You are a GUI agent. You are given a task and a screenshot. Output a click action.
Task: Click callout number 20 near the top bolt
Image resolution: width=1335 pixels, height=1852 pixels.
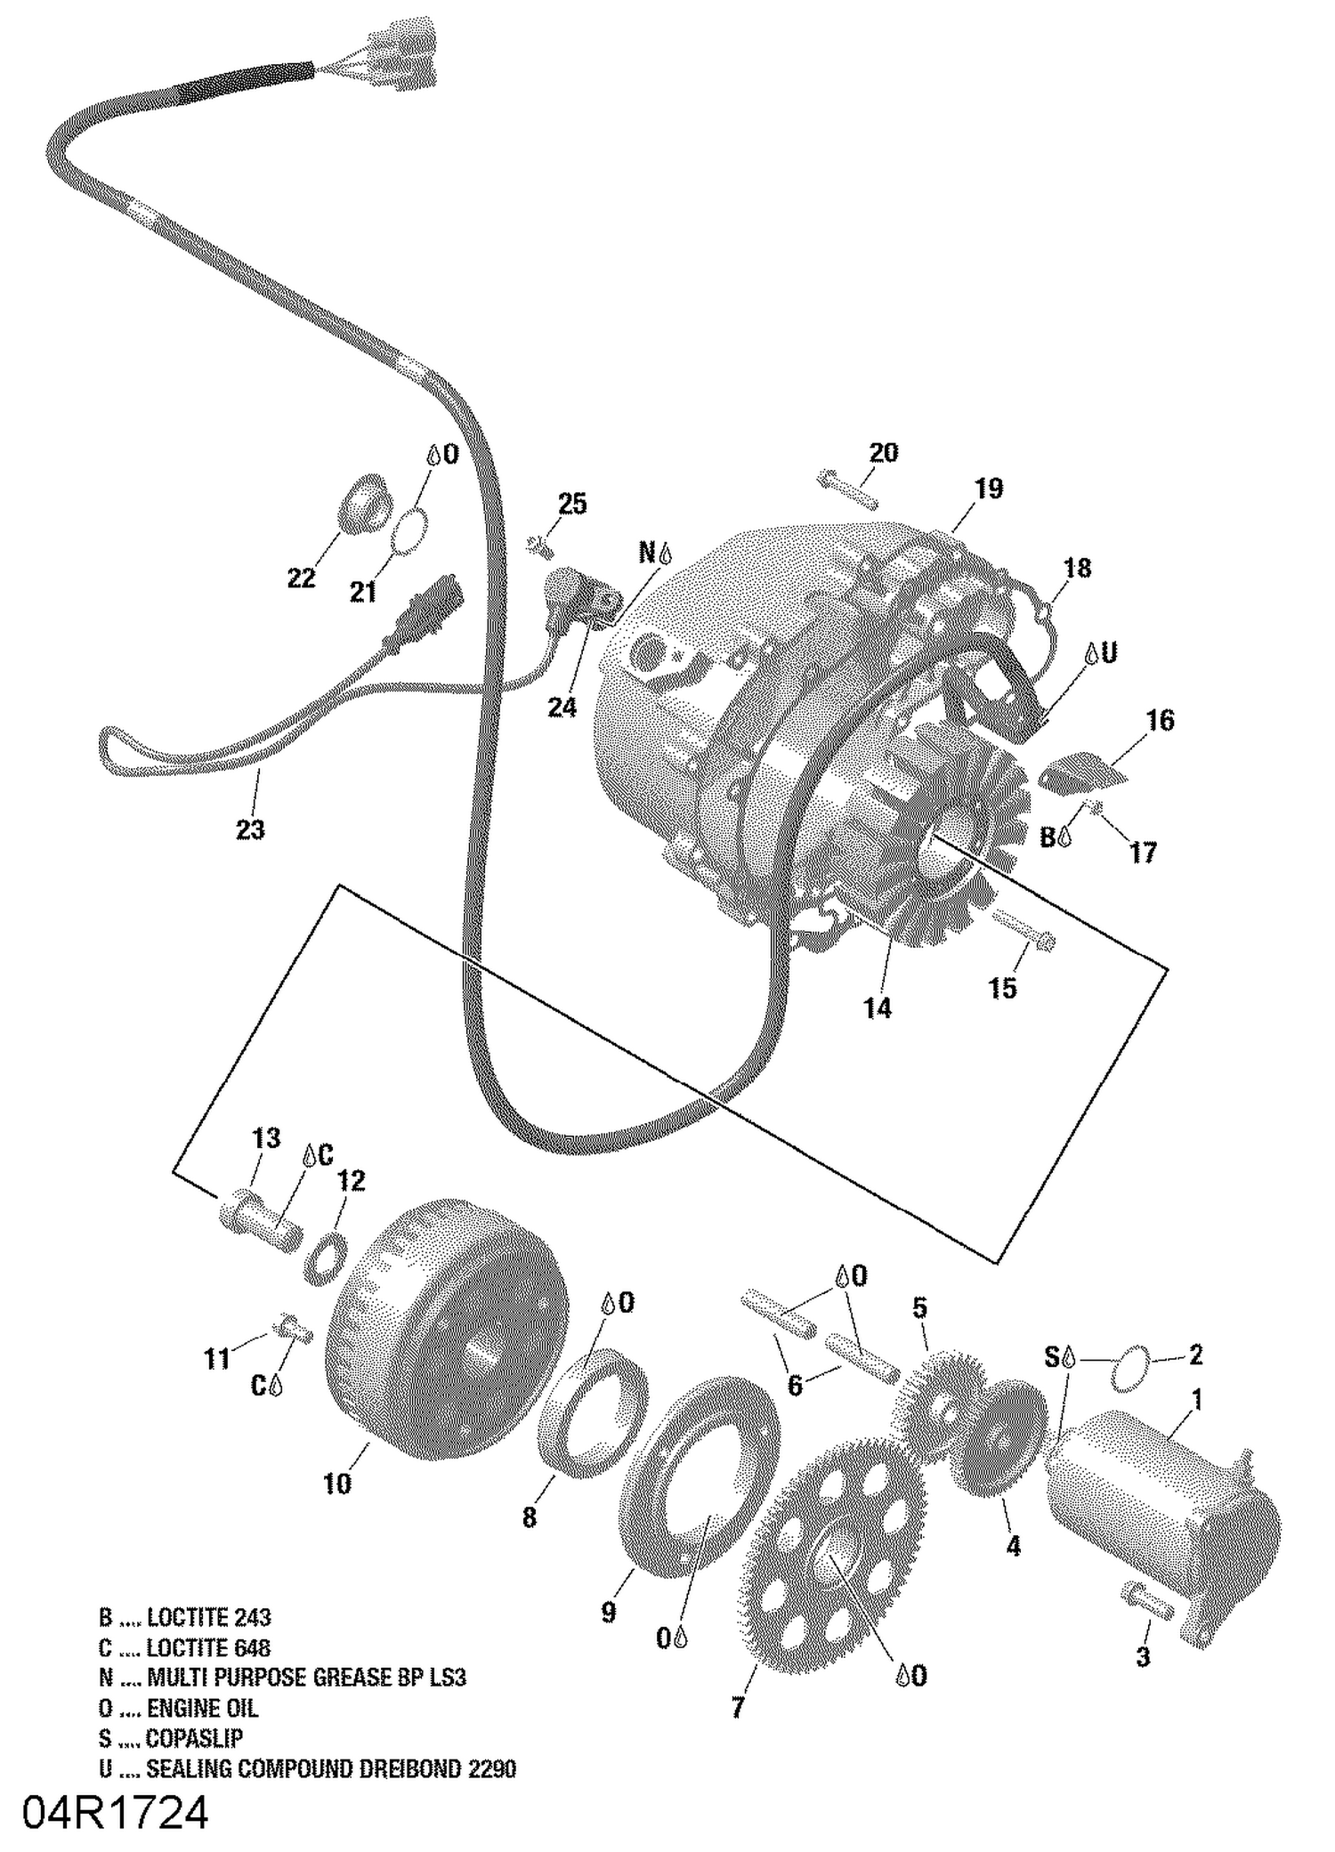point(883,453)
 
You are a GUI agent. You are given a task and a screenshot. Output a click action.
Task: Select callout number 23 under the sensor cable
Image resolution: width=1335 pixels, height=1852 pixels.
point(250,829)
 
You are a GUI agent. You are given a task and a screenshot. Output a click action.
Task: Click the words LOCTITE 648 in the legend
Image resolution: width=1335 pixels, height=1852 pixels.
point(208,1647)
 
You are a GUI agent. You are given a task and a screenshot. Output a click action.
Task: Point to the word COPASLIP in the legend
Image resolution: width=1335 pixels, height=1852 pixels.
point(194,1738)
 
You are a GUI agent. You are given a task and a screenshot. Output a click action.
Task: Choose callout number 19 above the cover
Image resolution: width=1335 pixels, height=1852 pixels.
point(988,489)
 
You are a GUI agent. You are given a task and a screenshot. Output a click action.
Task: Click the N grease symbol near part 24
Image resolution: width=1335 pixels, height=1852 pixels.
point(654,554)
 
